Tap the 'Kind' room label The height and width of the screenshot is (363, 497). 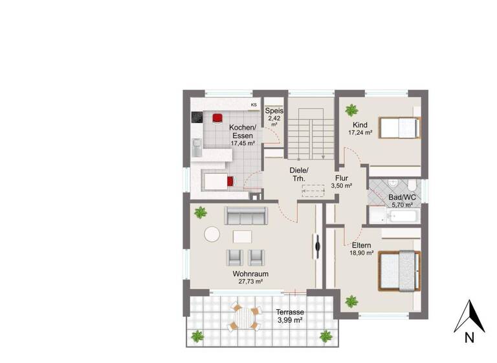(x=360, y=124)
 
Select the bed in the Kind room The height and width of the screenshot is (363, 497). (x=397, y=127)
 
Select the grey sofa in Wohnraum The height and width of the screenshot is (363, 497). (x=245, y=215)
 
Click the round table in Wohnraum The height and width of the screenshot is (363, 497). (x=212, y=234)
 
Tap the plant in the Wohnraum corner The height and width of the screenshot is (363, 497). (x=201, y=212)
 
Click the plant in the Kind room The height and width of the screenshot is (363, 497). (x=351, y=109)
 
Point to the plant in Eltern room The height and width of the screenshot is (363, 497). (x=351, y=301)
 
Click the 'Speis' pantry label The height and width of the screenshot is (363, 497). (x=274, y=110)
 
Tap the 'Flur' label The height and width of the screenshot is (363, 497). (x=342, y=178)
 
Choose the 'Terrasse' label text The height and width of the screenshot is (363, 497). (x=290, y=312)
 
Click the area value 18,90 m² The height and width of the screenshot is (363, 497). (x=362, y=253)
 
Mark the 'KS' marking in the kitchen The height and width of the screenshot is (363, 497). (x=254, y=104)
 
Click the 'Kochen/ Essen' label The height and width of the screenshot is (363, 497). (x=243, y=131)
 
